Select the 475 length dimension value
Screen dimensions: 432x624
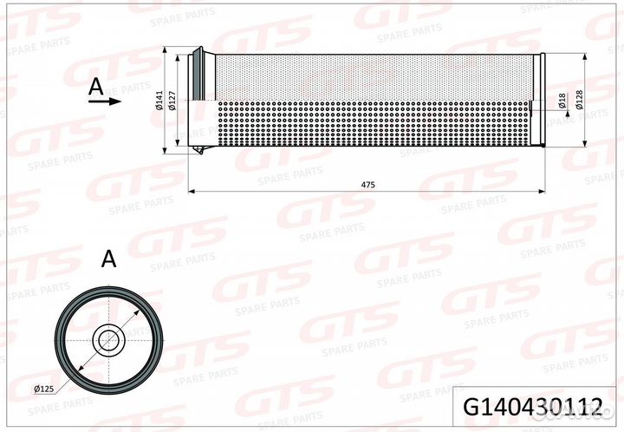coord(367,184)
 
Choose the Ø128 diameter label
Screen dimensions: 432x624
coord(578,102)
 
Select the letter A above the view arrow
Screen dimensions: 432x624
coord(96,84)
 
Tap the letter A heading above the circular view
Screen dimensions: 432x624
coord(108,258)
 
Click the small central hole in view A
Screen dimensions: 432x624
coord(108,338)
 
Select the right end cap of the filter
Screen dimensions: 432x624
coord(540,102)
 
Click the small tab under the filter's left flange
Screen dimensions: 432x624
coord(200,155)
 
